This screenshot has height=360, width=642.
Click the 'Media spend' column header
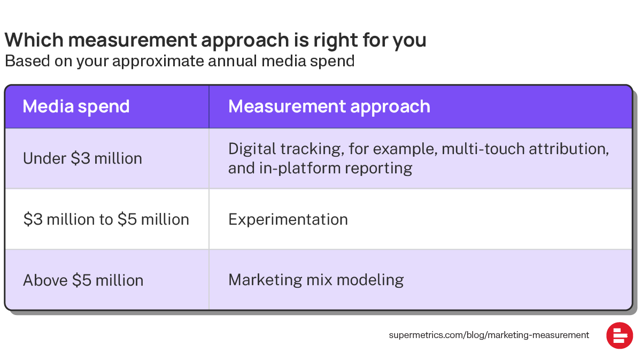(76, 106)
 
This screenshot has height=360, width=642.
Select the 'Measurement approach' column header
(329, 106)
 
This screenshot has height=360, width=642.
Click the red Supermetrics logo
(620, 335)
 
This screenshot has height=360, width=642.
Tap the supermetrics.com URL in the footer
(489, 335)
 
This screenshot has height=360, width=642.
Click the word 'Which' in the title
(34, 40)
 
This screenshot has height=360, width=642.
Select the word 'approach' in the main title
(245, 41)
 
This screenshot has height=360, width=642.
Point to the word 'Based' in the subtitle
(27, 61)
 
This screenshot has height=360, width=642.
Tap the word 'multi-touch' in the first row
(483, 149)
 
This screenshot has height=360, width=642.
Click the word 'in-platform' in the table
(299, 168)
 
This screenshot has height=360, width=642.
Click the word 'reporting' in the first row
(378, 168)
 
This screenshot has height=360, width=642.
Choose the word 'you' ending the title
(409, 42)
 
